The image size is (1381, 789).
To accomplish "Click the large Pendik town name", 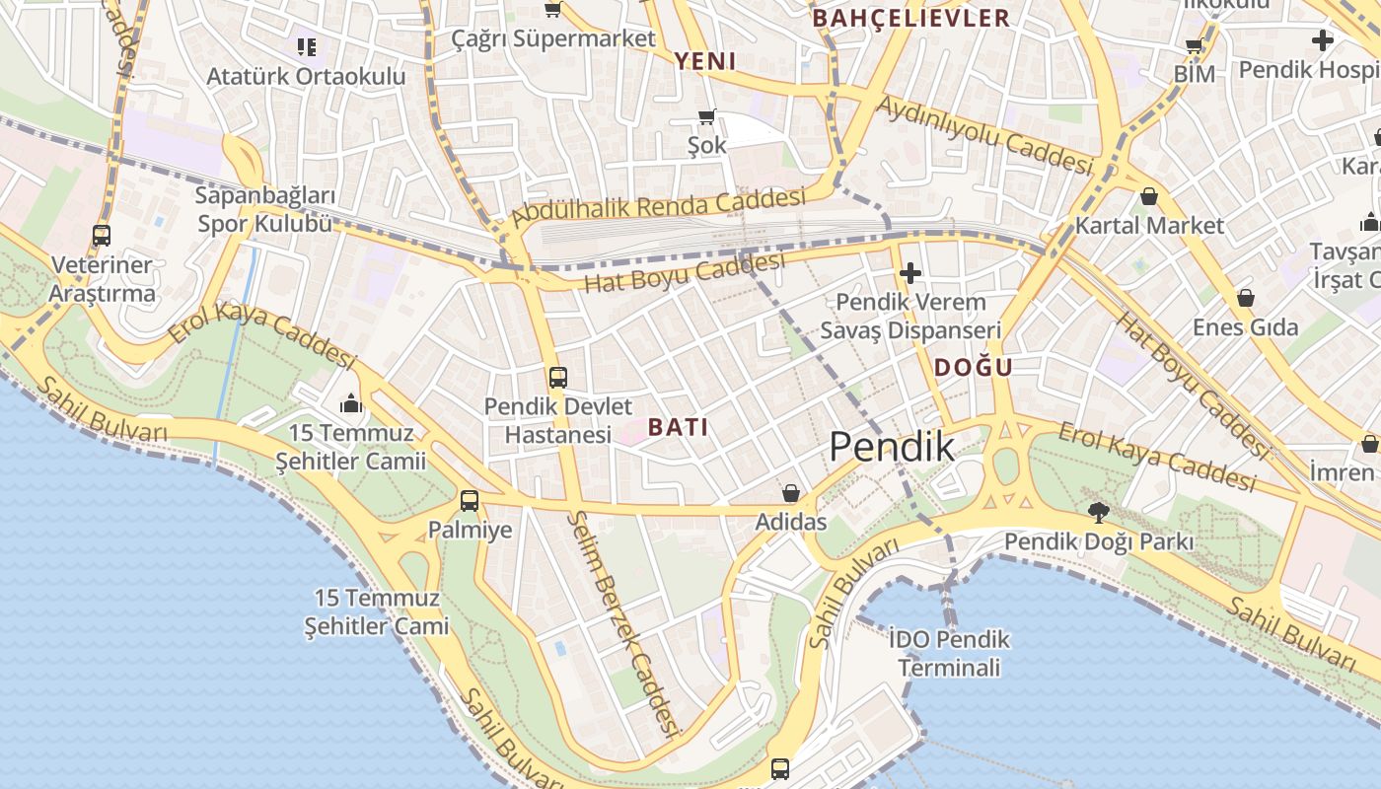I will pos(892,447).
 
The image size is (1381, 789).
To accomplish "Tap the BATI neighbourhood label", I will pos(679,427).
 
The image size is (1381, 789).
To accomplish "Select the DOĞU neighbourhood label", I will pos(973,368).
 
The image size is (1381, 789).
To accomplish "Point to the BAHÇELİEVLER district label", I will pos(910,18).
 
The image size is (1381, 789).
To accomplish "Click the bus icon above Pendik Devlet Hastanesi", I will pos(557,377).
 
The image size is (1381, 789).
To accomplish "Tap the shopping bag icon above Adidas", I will pos(790,492).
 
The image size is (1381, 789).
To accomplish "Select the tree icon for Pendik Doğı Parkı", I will pos(1098,512).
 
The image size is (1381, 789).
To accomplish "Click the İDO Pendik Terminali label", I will pos(949,653).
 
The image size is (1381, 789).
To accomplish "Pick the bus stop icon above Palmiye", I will pos(470,500).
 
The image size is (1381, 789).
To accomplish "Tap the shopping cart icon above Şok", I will pos(706,117).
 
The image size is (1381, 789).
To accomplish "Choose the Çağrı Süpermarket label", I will pos(553,38).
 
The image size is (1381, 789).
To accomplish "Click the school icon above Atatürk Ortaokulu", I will pos(306,46).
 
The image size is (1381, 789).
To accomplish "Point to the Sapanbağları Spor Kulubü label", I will pos(265,209).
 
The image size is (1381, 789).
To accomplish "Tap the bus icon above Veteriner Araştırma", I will pos(101,235).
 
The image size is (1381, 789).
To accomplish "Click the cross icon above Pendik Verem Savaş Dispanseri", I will pos(909,272).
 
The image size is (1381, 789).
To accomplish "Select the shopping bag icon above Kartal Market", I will pos(1148,196).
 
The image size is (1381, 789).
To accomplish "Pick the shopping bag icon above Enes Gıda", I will pos(1245,297).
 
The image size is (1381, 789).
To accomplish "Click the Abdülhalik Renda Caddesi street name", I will pos(659,208).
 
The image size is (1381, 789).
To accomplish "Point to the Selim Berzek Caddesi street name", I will pos(626,624).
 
